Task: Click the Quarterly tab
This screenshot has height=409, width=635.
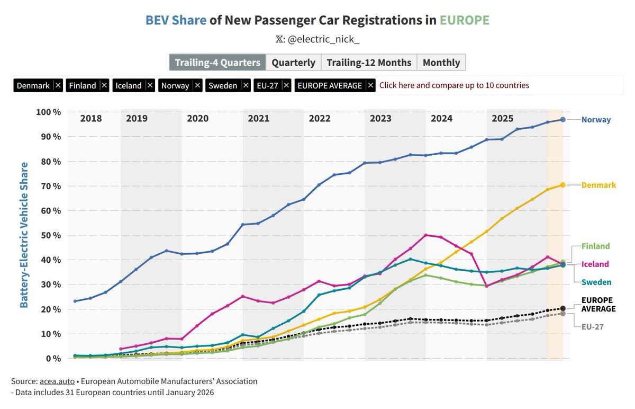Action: click(293, 63)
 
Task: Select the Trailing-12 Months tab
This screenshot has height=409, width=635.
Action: click(369, 63)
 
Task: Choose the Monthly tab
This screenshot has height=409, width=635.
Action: click(441, 63)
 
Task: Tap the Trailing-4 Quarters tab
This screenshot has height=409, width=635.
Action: click(217, 63)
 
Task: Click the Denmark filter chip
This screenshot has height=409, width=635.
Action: click(33, 85)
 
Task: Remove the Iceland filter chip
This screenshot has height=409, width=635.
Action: click(150, 85)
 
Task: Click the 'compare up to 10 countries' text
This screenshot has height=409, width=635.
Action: click(454, 85)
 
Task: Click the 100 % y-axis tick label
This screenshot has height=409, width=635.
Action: click(49, 112)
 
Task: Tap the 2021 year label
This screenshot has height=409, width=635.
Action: click(258, 118)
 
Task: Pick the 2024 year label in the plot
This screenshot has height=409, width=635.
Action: click(441, 118)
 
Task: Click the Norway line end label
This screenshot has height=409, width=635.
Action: click(596, 120)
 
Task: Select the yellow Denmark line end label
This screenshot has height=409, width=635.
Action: click(598, 185)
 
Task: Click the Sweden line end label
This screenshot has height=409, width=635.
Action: click(596, 282)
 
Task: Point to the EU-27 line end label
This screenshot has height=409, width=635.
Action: click(592, 327)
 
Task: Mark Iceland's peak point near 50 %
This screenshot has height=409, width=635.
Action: click(426, 235)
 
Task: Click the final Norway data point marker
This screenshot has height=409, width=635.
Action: click(563, 120)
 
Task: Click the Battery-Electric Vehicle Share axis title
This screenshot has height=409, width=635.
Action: click(24, 235)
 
